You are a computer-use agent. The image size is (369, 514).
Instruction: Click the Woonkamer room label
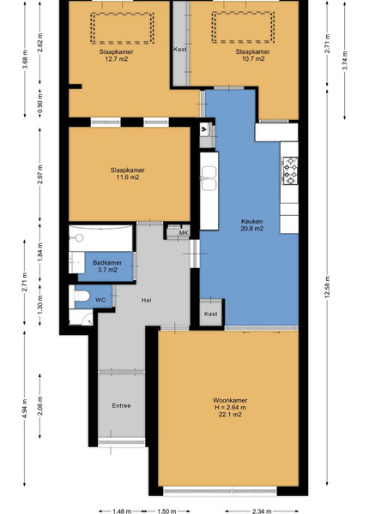[x=230, y=400]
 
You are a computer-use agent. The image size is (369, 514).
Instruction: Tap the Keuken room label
[x=251, y=221]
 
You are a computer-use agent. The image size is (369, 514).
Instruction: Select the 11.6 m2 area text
[x=127, y=177]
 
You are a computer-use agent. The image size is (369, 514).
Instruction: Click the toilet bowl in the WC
[x=82, y=296]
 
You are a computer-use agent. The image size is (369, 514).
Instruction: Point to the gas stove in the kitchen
[x=290, y=170]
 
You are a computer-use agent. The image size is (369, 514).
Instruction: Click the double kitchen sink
[x=209, y=178]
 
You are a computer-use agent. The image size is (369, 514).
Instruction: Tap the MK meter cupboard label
[x=184, y=233]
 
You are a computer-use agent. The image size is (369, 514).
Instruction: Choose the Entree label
[x=121, y=405]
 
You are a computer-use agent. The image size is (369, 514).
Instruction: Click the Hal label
[x=147, y=300]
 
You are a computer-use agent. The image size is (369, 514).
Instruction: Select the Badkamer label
[x=107, y=263]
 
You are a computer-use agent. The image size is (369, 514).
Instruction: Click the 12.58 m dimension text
[x=327, y=287]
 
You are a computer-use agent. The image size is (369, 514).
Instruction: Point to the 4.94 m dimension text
[x=25, y=408]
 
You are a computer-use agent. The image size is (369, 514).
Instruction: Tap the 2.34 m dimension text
[x=262, y=511]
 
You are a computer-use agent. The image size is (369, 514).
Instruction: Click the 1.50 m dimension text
[x=166, y=511]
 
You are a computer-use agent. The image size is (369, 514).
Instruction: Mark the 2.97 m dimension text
[x=40, y=175]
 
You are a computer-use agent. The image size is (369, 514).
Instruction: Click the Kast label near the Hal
[x=211, y=314]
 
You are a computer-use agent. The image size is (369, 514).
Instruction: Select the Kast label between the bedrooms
[x=180, y=49]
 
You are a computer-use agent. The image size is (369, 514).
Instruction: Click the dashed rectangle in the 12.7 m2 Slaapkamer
[x=122, y=13]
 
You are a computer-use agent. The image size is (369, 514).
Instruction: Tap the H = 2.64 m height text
[x=230, y=408]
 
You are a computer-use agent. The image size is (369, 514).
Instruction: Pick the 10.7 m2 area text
[x=253, y=59]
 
